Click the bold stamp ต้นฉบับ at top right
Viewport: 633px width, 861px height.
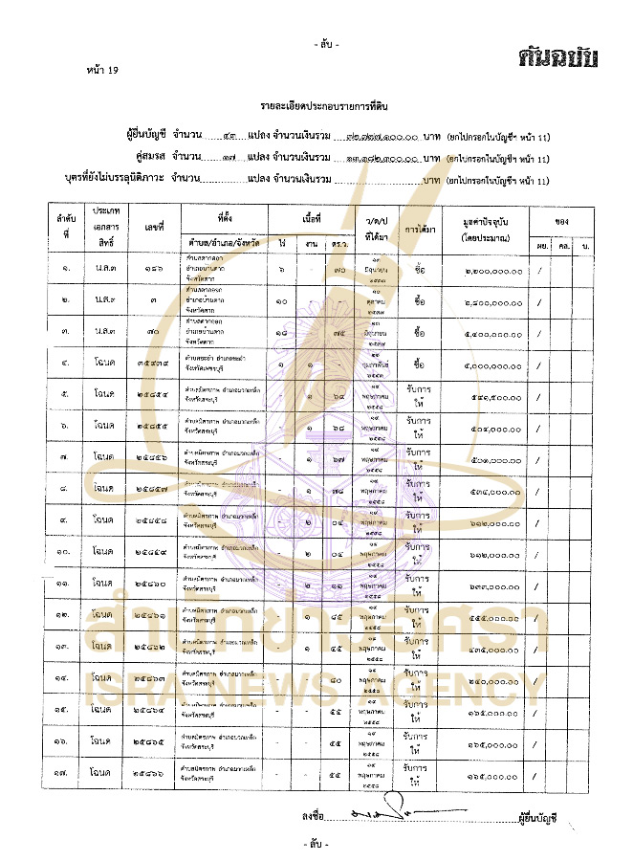559,57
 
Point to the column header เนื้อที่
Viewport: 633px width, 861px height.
307,218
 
